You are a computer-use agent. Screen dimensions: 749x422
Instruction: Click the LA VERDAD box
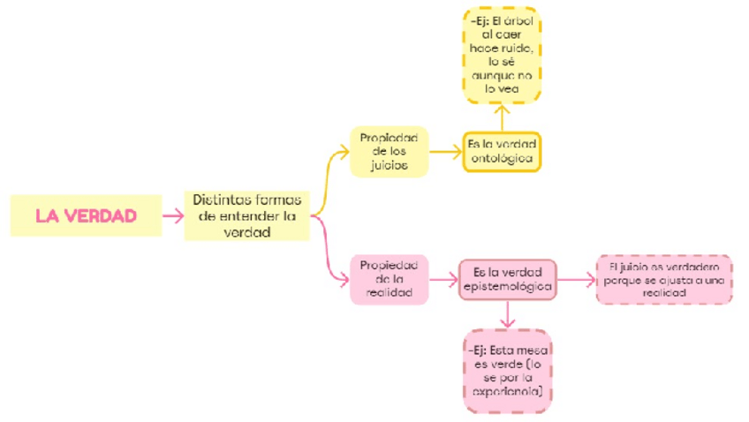point(86,215)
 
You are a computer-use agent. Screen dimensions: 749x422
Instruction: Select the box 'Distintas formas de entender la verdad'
point(246,215)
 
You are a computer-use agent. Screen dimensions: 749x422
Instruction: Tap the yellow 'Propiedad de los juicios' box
point(389,150)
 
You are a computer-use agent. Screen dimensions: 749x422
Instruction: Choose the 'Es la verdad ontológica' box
point(502,151)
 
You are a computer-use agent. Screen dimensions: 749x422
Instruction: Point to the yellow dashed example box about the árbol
point(502,56)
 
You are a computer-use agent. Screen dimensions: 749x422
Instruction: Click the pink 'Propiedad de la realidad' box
point(389,280)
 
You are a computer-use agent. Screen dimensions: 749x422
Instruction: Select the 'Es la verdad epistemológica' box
point(508,279)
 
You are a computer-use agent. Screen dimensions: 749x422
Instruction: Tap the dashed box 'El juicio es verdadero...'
point(663,279)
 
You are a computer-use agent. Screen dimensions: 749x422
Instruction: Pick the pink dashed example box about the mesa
point(507,371)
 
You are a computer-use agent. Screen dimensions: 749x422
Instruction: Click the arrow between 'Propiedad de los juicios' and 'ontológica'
point(445,151)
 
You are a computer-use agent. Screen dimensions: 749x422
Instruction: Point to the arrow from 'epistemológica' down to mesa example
point(507,314)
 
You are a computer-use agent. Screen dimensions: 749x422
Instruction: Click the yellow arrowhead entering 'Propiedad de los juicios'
point(344,151)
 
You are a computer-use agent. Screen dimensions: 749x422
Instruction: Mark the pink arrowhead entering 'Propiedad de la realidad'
point(344,280)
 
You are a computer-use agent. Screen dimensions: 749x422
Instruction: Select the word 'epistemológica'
point(508,287)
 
